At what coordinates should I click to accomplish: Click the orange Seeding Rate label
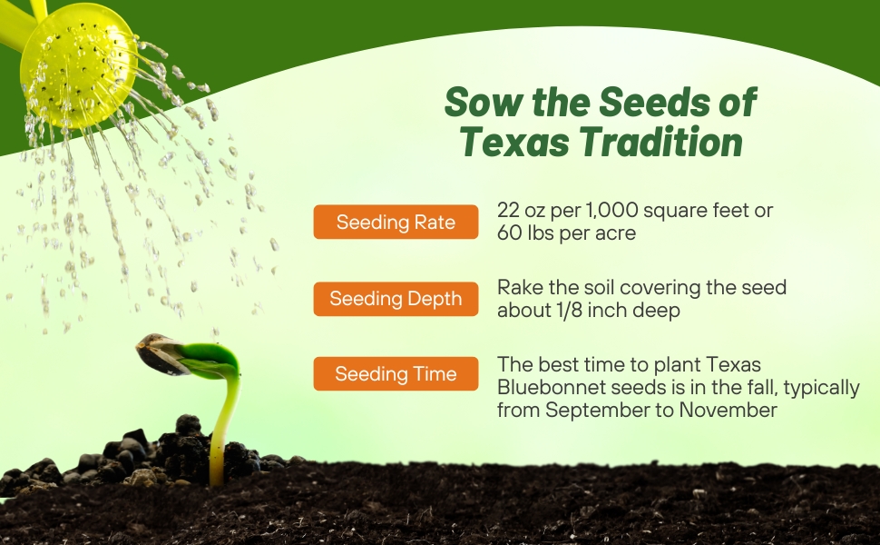(x=396, y=223)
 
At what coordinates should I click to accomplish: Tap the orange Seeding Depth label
(x=396, y=299)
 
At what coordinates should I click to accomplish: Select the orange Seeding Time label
(x=396, y=373)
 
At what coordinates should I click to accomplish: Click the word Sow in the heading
(x=475, y=103)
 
